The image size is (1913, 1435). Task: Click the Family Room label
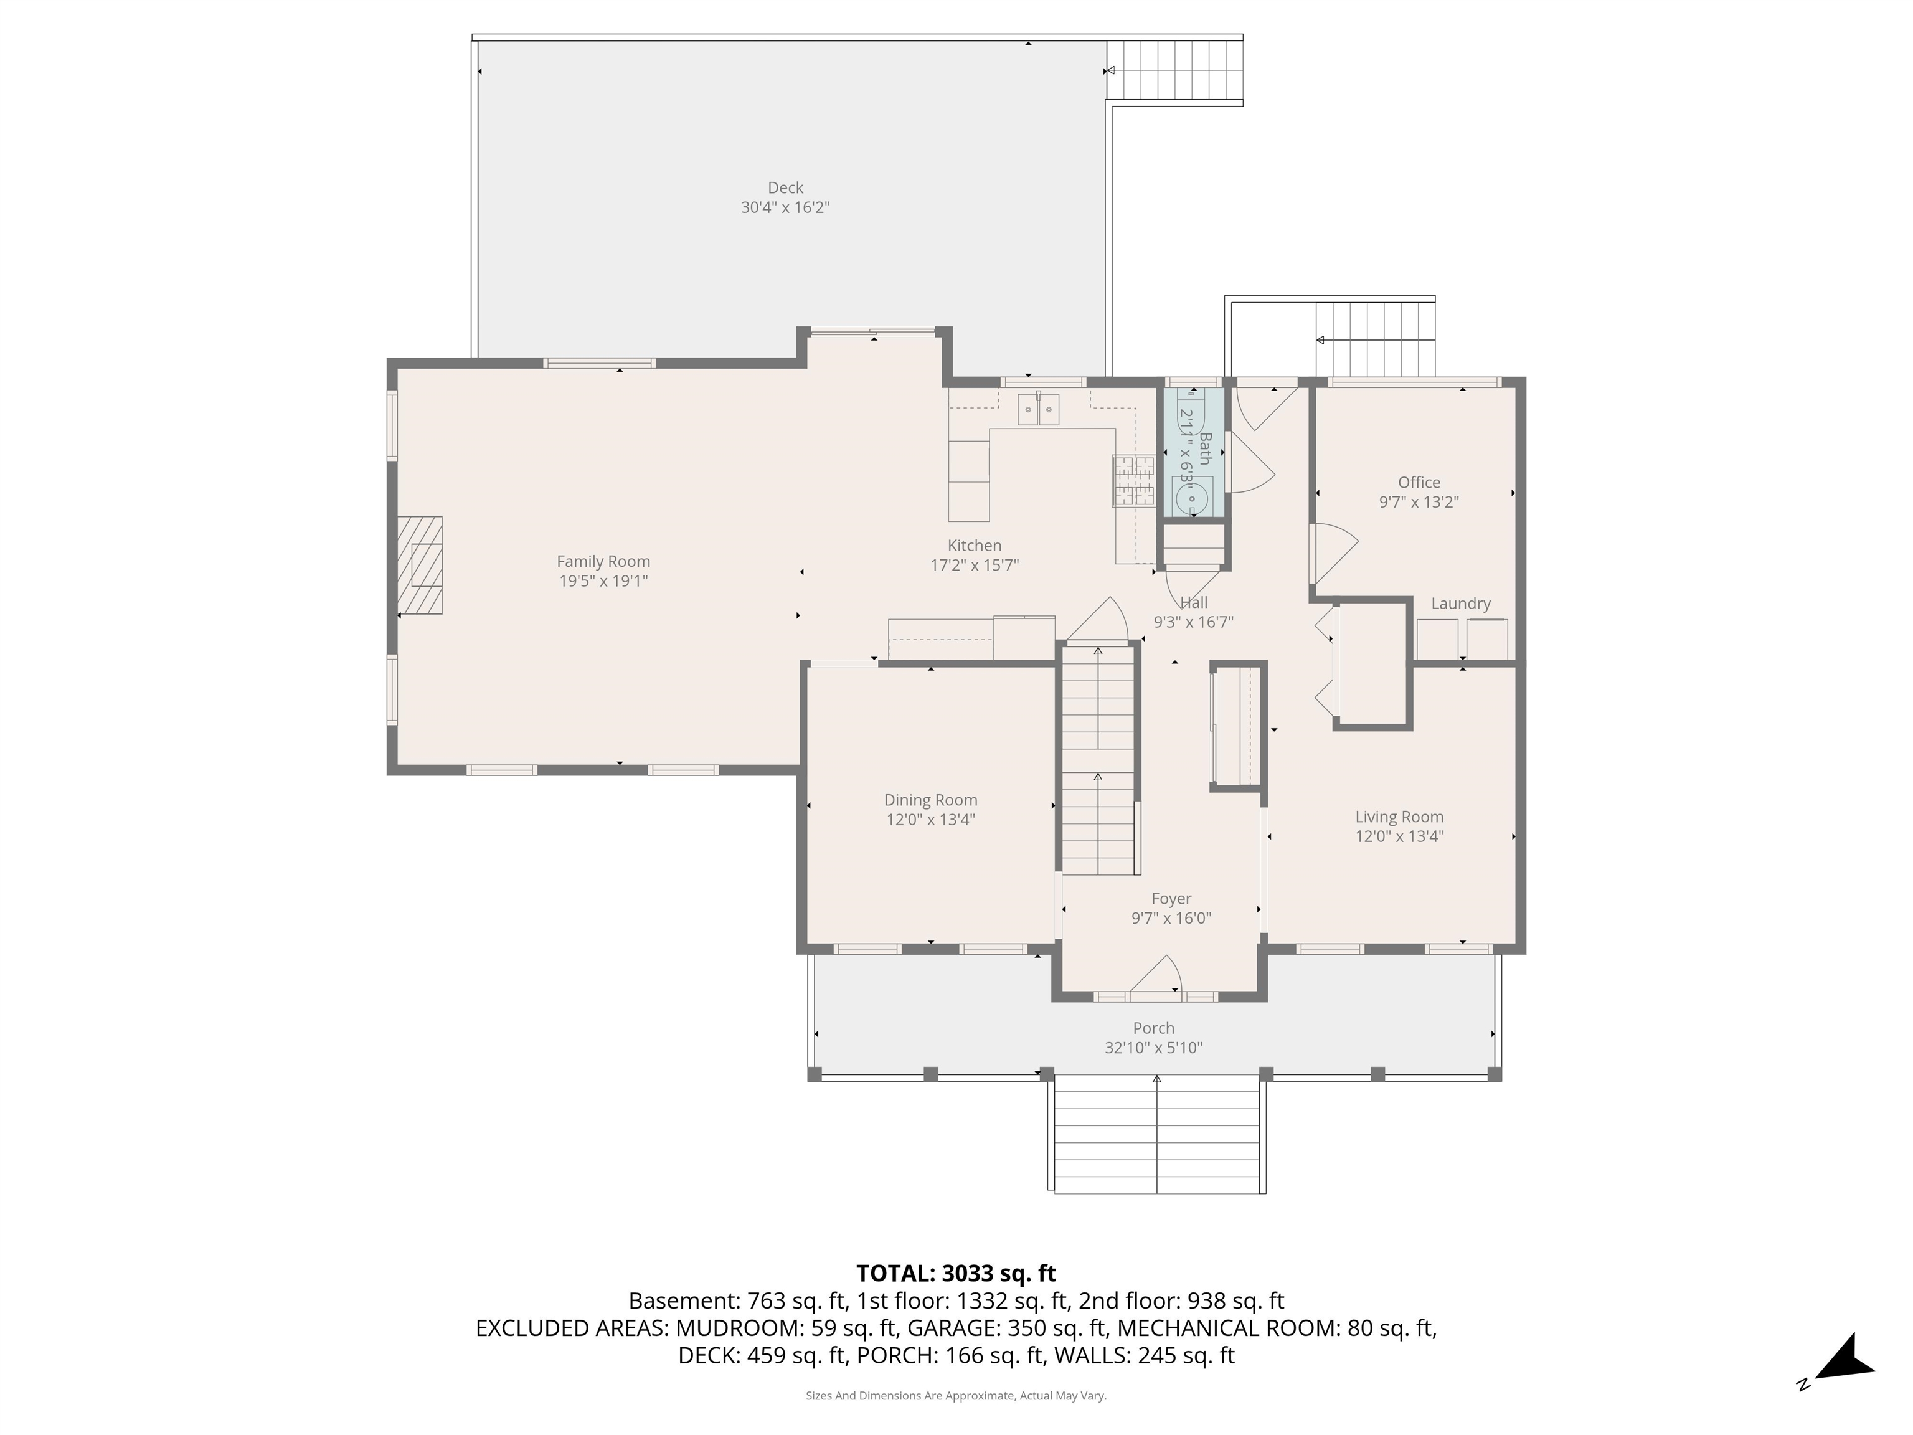tap(603, 561)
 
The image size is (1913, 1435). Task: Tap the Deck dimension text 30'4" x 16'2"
tap(785, 207)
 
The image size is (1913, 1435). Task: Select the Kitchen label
tap(975, 546)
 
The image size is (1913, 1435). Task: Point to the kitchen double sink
tap(1038, 409)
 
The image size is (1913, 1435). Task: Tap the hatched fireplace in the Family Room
tap(420, 565)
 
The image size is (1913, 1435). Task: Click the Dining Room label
tap(930, 800)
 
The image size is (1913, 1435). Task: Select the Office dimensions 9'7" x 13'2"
tap(1419, 501)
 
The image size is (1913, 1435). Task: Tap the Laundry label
tap(1461, 604)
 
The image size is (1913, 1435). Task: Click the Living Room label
tap(1399, 817)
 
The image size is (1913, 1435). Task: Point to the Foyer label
tap(1171, 899)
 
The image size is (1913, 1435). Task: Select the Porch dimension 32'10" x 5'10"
tap(1154, 1048)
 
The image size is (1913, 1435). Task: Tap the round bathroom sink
tap(1192, 498)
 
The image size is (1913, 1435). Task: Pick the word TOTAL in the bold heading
tap(894, 1273)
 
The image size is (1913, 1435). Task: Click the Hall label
tap(1194, 602)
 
